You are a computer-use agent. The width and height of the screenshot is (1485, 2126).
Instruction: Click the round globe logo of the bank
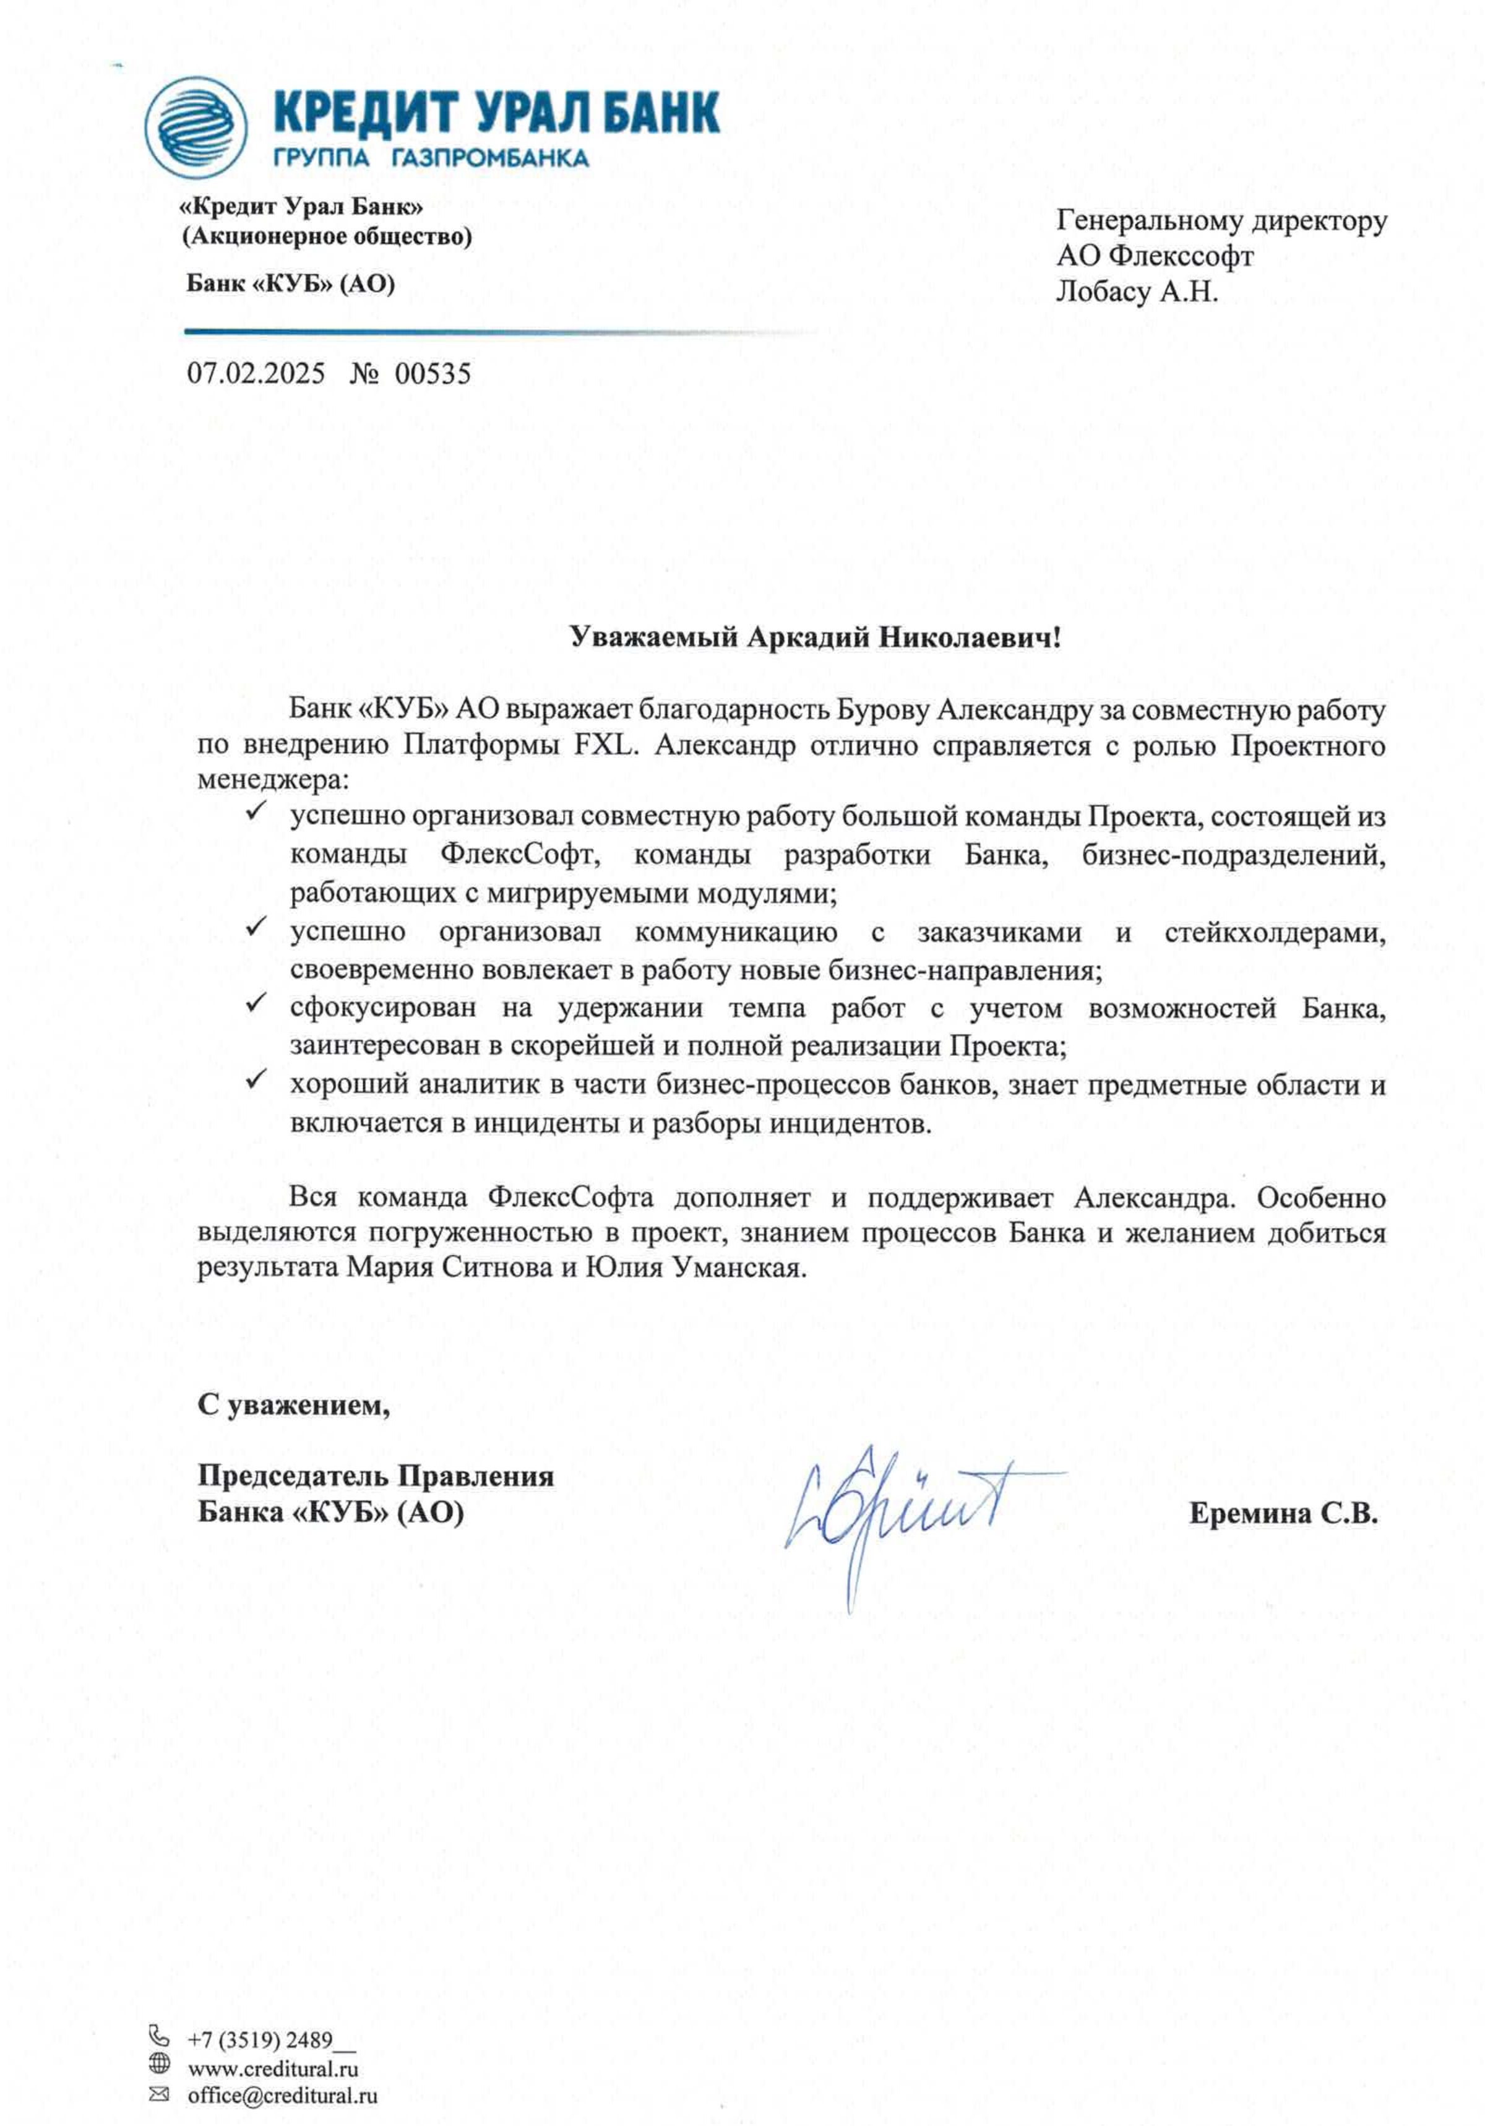tap(196, 127)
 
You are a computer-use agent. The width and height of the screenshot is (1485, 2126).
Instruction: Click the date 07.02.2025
tap(256, 373)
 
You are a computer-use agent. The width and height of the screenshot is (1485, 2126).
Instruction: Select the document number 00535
tap(433, 373)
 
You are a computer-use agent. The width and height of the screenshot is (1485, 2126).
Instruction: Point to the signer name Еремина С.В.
tap(1283, 1513)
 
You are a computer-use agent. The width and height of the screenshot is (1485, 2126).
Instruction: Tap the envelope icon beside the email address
tap(159, 2094)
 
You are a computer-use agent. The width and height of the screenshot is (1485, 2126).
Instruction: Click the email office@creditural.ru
tap(282, 2094)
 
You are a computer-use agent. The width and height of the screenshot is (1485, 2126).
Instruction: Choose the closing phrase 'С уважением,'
tap(293, 1405)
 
